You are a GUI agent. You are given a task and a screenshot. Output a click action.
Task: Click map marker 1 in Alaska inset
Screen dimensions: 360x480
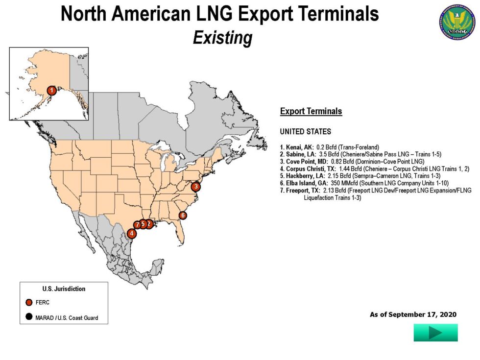click(x=51, y=90)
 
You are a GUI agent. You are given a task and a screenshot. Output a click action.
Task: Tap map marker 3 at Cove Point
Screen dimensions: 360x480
click(x=195, y=186)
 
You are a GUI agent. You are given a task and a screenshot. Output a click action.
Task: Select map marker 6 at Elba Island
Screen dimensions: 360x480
click(x=183, y=215)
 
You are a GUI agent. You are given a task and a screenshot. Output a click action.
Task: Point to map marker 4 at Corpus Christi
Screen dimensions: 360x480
click(x=132, y=234)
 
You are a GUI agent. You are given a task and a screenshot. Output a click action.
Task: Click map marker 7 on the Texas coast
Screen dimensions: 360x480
click(x=137, y=225)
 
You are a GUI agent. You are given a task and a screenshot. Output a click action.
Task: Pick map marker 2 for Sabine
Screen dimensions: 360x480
click(x=149, y=224)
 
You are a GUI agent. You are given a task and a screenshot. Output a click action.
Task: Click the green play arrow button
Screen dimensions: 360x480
click(x=435, y=333)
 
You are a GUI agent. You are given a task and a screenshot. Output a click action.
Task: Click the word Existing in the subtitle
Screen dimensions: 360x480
click(x=222, y=38)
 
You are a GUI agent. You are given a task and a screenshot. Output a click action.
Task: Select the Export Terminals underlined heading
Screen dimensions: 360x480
click(x=311, y=112)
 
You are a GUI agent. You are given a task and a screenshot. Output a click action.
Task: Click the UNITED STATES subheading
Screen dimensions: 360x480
click(x=305, y=132)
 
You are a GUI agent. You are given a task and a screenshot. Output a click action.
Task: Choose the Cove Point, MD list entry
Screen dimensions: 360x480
click(x=352, y=161)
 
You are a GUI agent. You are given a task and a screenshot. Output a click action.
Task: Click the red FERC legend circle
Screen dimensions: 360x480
click(x=29, y=302)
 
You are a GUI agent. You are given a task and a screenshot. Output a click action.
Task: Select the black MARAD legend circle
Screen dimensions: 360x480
click(x=29, y=317)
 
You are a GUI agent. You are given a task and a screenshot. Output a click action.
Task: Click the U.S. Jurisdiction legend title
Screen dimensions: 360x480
click(x=64, y=289)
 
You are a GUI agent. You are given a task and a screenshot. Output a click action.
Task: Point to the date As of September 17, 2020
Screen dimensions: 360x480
click(x=413, y=314)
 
